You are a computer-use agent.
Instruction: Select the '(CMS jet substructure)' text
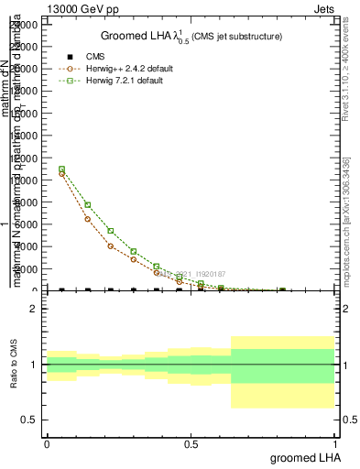[236, 37]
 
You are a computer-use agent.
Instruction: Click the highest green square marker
[61, 169]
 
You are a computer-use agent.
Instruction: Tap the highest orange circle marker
[61, 173]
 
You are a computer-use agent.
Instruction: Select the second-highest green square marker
[87, 205]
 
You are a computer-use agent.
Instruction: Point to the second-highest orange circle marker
[87, 219]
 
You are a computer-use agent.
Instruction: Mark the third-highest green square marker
[110, 231]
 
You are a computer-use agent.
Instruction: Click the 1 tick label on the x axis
[334, 443]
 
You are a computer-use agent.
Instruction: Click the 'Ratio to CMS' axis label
[14, 364]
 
